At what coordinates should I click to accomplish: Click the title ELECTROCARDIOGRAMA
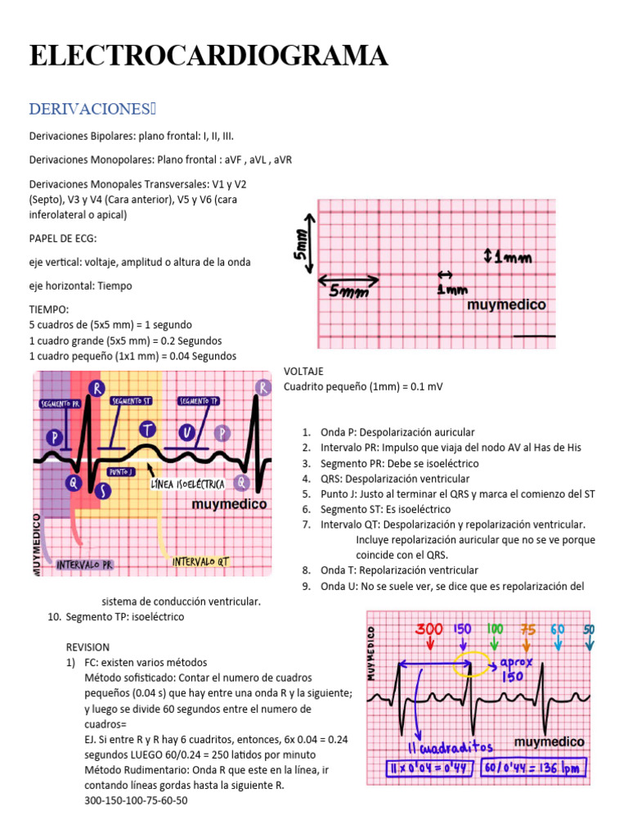coord(209,56)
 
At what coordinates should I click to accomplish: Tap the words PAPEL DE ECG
coord(63,238)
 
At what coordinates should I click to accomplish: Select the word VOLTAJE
coord(304,371)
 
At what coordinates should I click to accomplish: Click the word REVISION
coord(87,647)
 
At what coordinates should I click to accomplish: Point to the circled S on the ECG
coord(104,490)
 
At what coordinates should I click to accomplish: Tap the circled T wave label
coord(147,429)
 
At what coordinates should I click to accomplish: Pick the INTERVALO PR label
coord(83,564)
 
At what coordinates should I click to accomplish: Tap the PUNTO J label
coord(123,472)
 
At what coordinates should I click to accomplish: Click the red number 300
coord(428,628)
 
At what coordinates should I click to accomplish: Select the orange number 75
coord(528,628)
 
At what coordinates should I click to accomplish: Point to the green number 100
coord(495,628)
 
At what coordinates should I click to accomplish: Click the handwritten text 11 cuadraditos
coord(438,748)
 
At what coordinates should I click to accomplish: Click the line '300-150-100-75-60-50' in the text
coord(136,800)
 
